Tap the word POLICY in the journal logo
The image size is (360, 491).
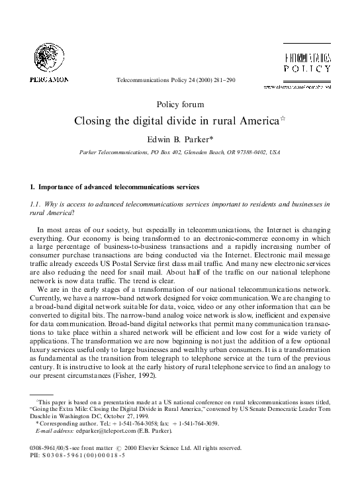click(x=308, y=68)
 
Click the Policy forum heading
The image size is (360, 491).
click(x=180, y=105)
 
